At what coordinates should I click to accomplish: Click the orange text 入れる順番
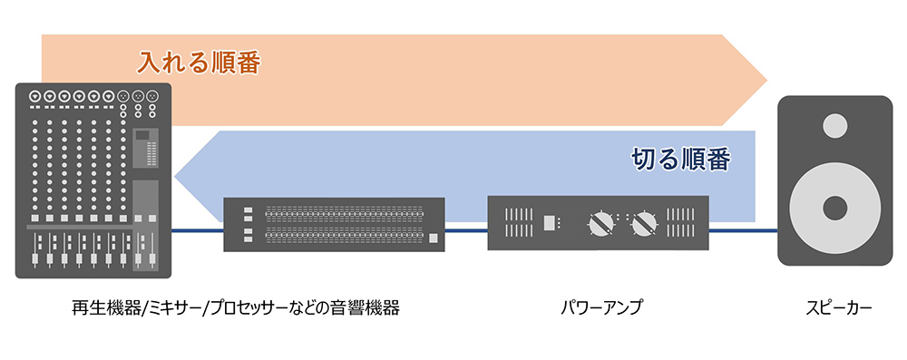200,63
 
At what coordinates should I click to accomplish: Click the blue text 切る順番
680,160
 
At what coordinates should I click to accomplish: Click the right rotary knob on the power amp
645,222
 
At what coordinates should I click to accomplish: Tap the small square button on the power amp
550,222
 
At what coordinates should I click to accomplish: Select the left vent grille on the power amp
514,222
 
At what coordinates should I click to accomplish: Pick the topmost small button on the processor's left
247,210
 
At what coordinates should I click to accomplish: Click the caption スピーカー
839,308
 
